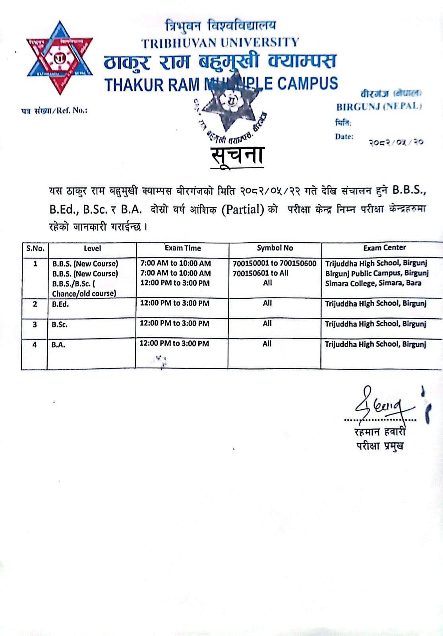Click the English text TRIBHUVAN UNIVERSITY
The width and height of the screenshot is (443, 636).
(220, 43)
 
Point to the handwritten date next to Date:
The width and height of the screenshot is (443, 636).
(395, 142)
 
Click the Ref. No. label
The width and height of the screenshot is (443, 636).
(54, 111)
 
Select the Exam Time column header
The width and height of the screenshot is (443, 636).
(183, 248)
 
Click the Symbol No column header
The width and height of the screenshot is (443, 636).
(275, 248)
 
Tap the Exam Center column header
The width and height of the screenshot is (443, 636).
(384, 247)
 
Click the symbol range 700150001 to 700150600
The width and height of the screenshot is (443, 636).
(275, 263)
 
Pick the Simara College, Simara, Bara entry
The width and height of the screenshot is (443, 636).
(373, 283)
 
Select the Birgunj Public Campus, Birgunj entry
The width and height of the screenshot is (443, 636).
(377, 273)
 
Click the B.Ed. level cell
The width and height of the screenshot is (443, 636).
(60, 304)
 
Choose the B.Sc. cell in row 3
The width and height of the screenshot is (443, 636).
(60, 325)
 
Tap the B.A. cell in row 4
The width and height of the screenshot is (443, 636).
(58, 345)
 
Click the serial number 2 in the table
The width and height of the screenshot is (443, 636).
(35, 304)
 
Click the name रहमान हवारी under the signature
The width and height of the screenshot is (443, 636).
(380, 432)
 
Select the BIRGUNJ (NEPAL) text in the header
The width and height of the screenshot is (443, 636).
(379, 107)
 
